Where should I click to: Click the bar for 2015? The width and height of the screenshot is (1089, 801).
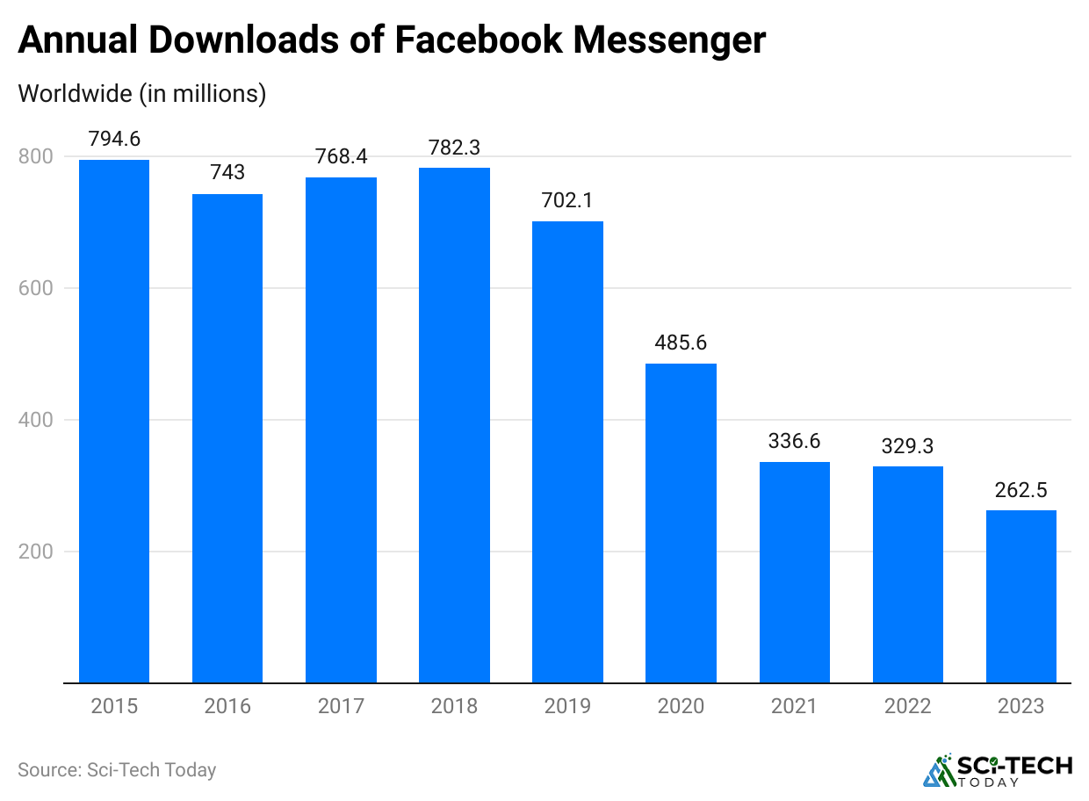click(114, 421)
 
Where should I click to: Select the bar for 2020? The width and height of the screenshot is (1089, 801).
click(681, 523)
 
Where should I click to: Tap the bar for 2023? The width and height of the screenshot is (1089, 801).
click(1020, 596)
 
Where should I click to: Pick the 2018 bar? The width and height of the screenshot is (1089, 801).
click(454, 425)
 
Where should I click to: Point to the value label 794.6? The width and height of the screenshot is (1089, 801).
click(114, 139)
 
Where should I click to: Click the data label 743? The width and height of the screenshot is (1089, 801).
click(227, 172)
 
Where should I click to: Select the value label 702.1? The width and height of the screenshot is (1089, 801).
click(567, 199)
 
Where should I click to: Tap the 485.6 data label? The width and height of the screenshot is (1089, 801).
click(681, 343)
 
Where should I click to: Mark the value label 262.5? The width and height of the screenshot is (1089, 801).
click(1020, 490)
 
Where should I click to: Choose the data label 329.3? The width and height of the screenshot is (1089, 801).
click(907, 445)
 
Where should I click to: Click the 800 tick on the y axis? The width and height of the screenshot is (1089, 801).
click(35, 156)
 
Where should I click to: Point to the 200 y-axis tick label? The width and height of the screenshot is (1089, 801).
click(35, 552)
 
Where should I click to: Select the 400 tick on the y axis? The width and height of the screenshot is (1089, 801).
click(35, 420)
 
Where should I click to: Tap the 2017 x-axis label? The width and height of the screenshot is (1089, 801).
click(341, 706)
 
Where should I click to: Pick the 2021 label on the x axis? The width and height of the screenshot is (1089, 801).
click(794, 706)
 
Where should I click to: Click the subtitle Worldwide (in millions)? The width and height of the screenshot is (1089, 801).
click(141, 93)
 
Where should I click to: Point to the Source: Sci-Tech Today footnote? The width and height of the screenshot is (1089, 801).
click(117, 770)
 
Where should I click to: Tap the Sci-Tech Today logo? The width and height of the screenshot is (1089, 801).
click(998, 770)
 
